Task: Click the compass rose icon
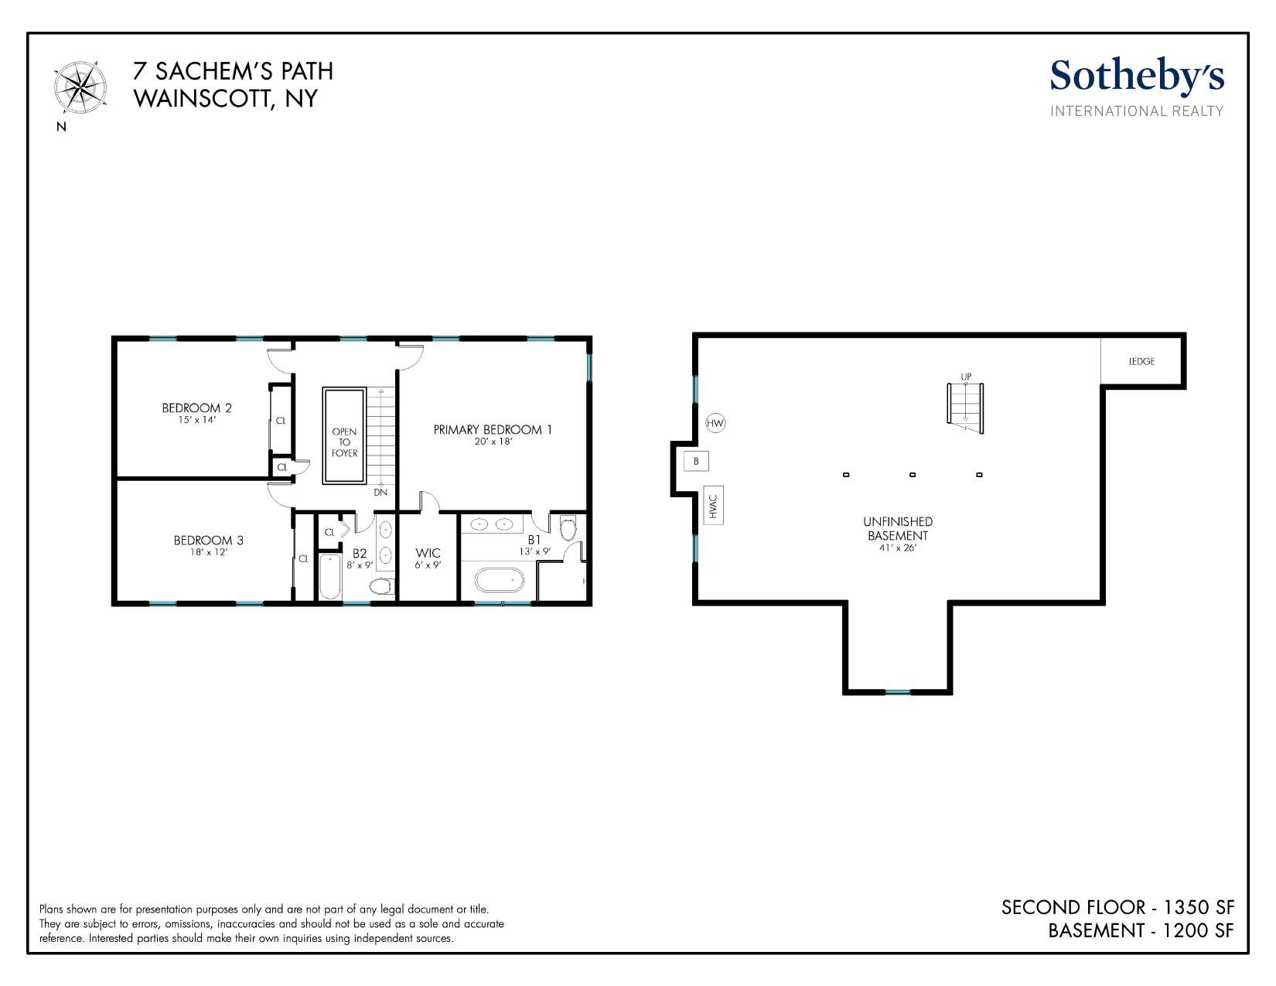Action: tap(80, 88)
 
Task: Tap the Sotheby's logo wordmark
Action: tap(1137, 77)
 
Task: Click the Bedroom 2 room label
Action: tap(196, 408)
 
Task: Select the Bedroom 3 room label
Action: tap(209, 541)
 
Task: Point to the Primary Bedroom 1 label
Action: tap(493, 430)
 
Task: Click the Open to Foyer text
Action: tap(345, 442)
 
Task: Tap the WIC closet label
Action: tap(428, 553)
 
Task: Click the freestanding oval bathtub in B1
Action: tap(499, 581)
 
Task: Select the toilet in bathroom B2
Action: tap(381, 585)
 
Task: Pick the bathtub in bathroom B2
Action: tap(330, 577)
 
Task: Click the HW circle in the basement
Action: tap(715, 423)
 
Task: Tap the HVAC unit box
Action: tap(714, 506)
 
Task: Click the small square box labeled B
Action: tap(697, 461)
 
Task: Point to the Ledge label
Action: tap(1141, 362)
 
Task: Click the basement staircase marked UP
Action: tap(965, 408)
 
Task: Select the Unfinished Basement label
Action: tap(898, 528)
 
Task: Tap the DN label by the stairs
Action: tap(380, 492)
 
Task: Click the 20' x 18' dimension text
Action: tap(493, 442)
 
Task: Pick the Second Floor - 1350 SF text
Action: tap(1117, 907)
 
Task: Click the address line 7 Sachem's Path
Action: tap(233, 71)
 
